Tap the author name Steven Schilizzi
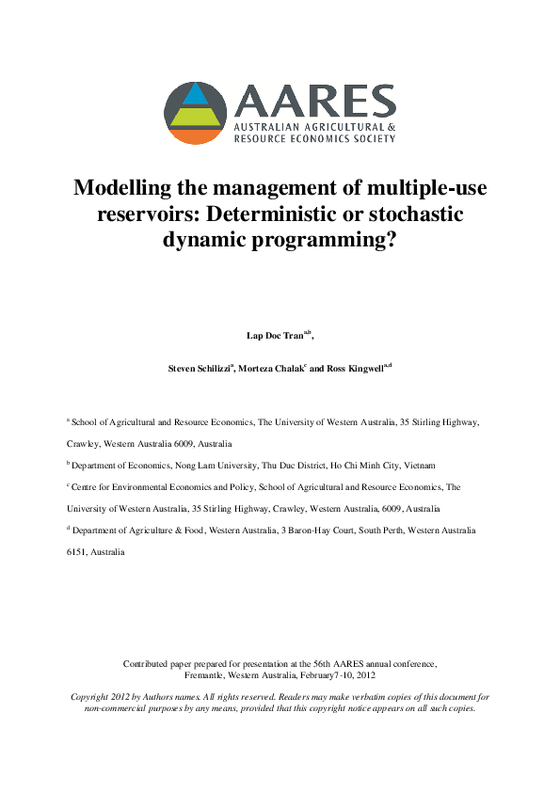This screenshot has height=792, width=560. pos(205,370)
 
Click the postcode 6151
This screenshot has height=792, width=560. pos(76,552)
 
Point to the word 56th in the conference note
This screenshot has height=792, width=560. pos(320,664)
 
